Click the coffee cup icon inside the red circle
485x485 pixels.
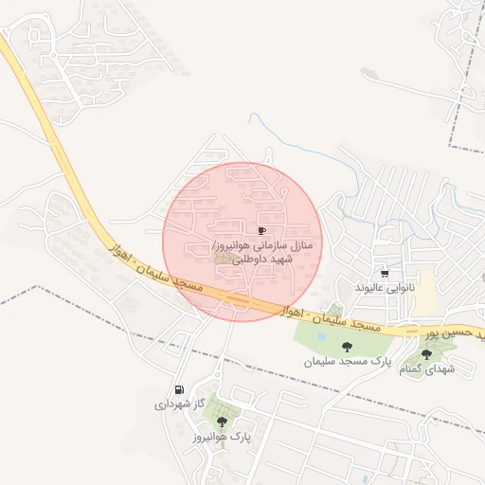pyautogui.click(x=261, y=230)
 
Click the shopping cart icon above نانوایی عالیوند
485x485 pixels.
pyautogui.click(x=384, y=273)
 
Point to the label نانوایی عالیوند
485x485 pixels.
pyautogui.click(x=385, y=287)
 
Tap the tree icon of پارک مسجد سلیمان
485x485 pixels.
pyautogui.click(x=332, y=348)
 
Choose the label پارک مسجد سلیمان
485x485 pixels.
pyautogui.click(x=348, y=362)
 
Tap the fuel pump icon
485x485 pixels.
pyautogui.click(x=179, y=389)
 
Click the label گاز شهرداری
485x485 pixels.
pyautogui.click(x=180, y=404)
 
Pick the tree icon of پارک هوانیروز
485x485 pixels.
pyautogui.click(x=222, y=422)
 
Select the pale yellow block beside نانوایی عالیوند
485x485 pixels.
pyautogui.click(x=427, y=289)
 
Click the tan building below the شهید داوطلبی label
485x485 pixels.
pyautogui.click(x=224, y=258)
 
